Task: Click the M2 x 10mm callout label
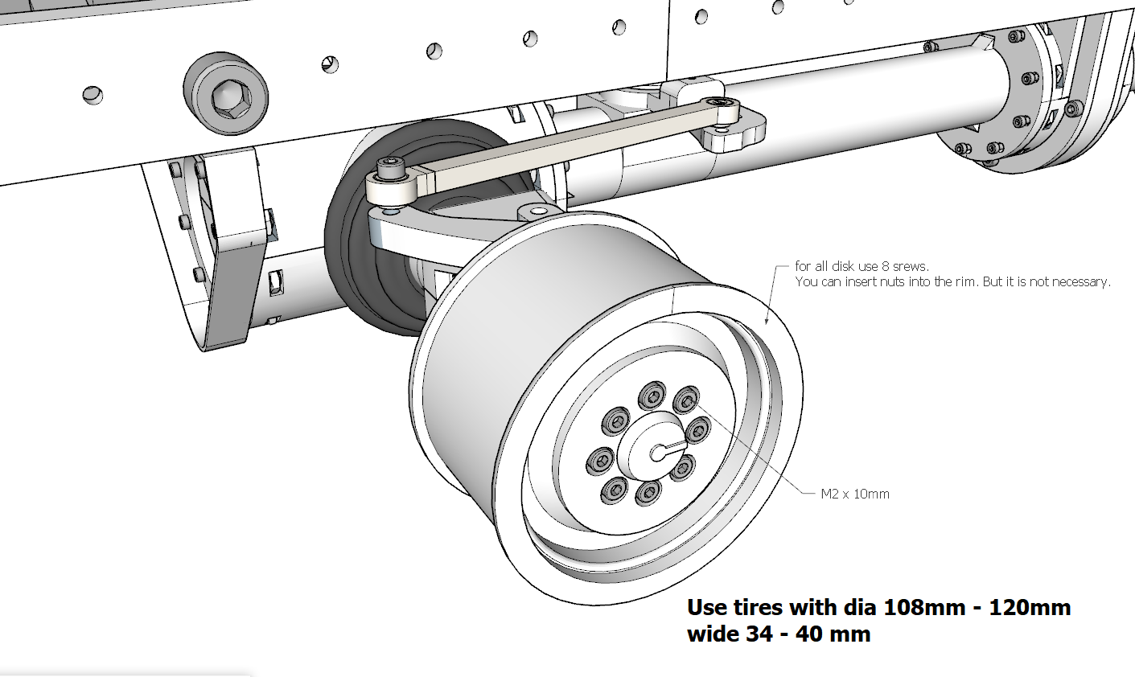pyautogui.click(x=855, y=494)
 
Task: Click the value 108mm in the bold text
pyautogui.click(x=924, y=607)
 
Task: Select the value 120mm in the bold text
pyautogui.click(x=1030, y=607)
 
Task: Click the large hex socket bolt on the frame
pyautogui.click(x=226, y=94)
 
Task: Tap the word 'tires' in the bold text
pyautogui.click(x=757, y=607)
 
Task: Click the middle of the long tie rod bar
pyautogui.click(x=562, y=143)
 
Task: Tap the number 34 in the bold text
pyautogui.click(x=758, y=634)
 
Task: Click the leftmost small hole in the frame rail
pyautogui.click(x=93, y=95)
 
